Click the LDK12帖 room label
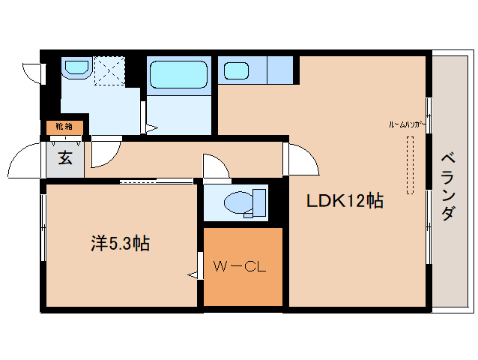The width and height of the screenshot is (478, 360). coord(344,201)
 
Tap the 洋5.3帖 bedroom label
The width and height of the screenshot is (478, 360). coord(120,243)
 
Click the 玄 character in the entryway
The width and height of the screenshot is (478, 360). coord(65,158)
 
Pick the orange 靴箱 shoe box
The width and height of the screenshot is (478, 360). coord(63,127)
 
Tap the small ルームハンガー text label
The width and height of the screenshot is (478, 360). coord(407,124)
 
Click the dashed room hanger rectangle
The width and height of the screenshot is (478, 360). coord(410,165)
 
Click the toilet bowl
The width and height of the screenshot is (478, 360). coord(240,202)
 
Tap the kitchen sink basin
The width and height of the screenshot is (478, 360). coord(237,72)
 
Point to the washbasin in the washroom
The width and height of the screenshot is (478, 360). coord(76,68)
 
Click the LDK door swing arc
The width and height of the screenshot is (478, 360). coord(303,159)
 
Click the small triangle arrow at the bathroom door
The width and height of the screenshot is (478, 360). coord(151,129)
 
